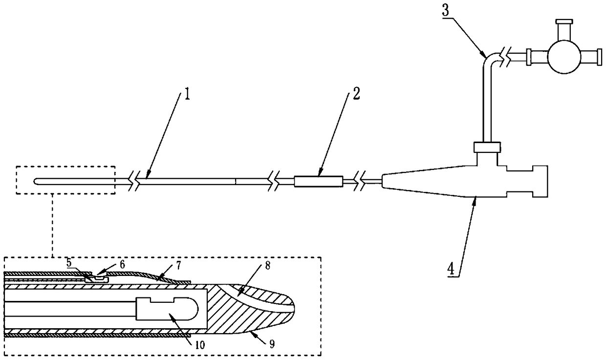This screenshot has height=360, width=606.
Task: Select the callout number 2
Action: [356, 94]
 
